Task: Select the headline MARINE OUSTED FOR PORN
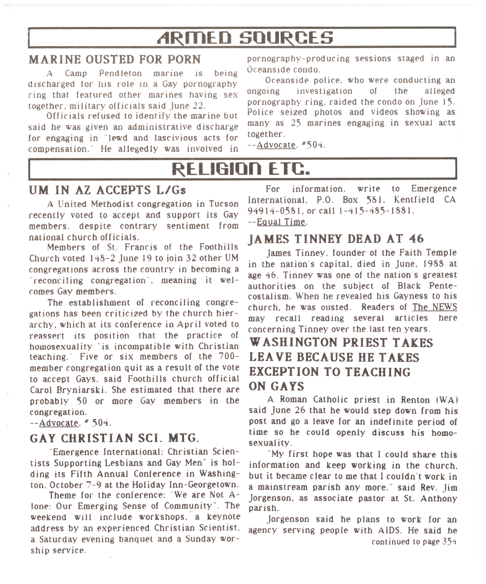click(115, 60)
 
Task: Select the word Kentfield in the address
click(414, 200)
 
